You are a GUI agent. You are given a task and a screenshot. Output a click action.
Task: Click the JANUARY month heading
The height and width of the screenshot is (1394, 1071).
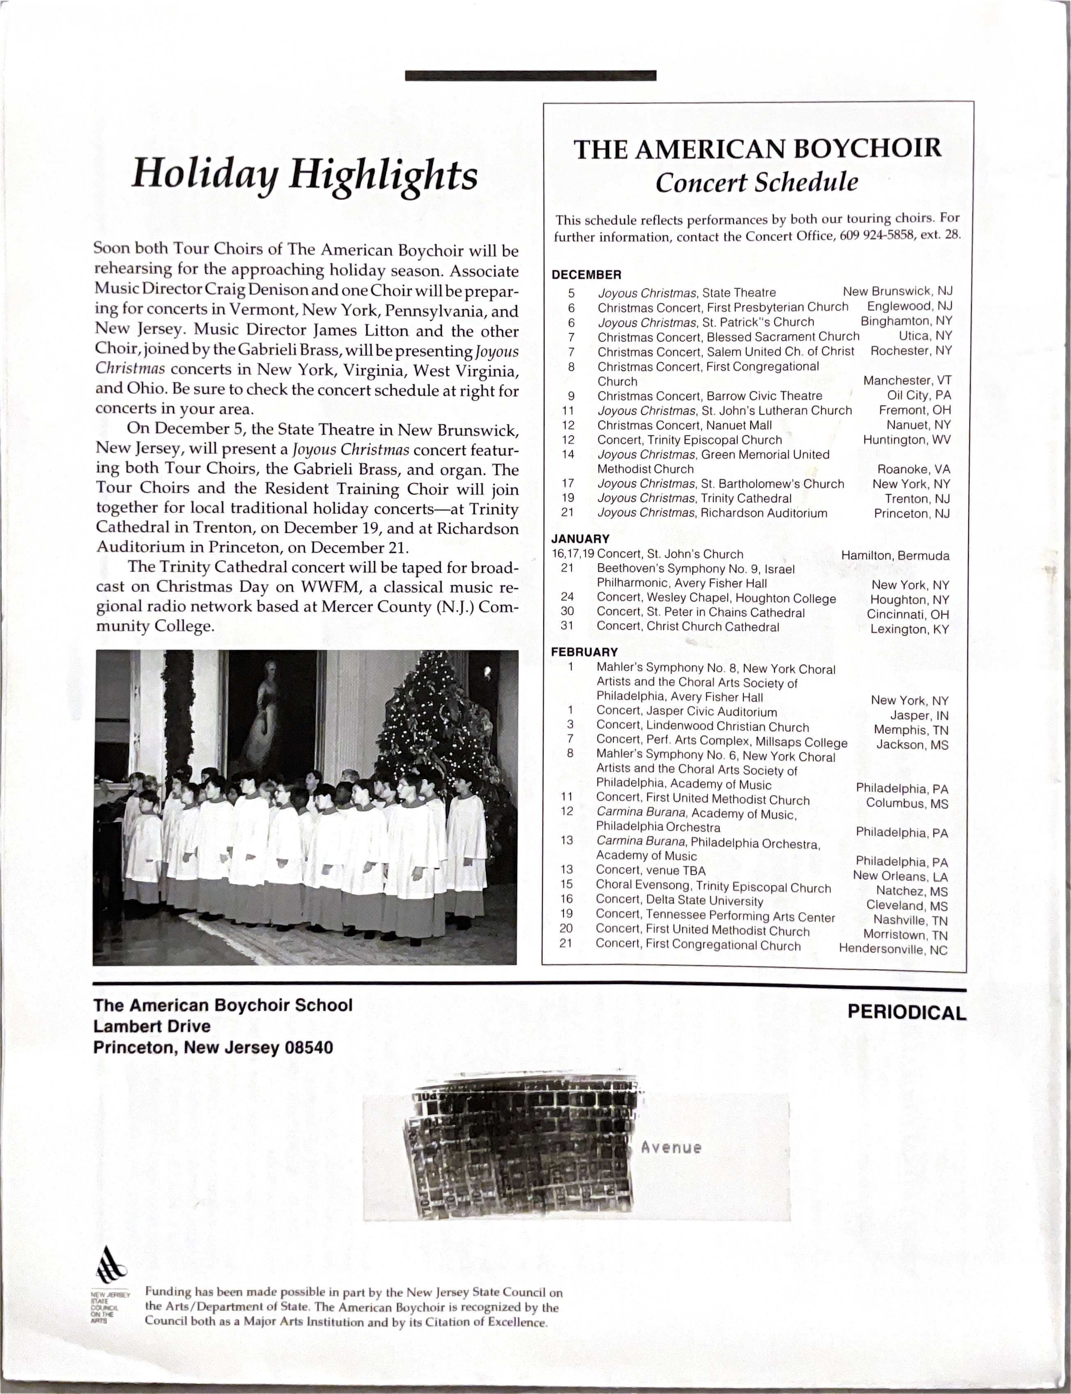580,539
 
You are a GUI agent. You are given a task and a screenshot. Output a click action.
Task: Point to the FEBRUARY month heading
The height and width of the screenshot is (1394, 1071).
584,652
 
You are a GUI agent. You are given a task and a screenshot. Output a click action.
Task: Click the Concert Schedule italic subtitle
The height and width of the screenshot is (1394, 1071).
757,183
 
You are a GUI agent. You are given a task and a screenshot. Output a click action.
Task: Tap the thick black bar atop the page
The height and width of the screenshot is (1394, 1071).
531,76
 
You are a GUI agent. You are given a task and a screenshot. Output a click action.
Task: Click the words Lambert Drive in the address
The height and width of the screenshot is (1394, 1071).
152,1026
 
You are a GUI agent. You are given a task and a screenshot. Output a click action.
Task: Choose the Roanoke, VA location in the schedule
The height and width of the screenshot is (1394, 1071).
913,470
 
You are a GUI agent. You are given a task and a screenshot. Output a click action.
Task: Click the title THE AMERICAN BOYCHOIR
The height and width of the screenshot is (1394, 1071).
757,149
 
